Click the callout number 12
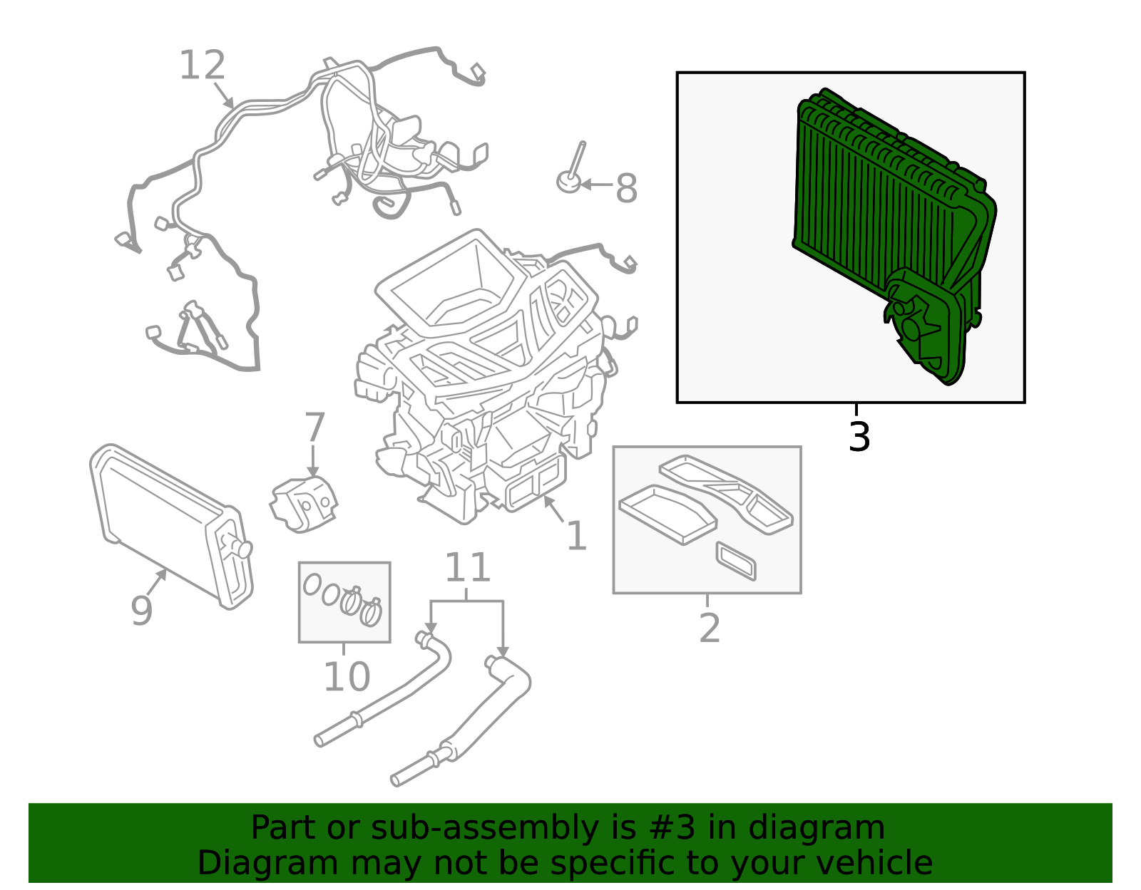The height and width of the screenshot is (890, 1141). pyautogui.click(x=203, y=66)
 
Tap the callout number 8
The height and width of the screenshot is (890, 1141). pyautogui.click(x=626, y=189)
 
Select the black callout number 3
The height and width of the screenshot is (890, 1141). pyautogui.click(x=859, y=437)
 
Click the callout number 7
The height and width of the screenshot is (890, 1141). pyautogui.click(x=314, y=428)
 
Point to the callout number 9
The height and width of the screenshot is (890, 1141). pyautogui.click(x=141, y=610)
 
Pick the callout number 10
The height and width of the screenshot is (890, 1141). pyautogui.click(x=347, y=677)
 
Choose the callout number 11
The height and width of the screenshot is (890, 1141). pyautogui.click(x=468, y=568)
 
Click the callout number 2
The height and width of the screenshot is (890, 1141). pyautogui.click(x=709, y=628)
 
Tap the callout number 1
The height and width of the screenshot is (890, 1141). pyautogui.click(x=576, y=536)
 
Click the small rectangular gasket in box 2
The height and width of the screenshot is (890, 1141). pyautogui.click(x=736, y=561)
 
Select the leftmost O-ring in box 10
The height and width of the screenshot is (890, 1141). pyautogui.click(x=312, y=585)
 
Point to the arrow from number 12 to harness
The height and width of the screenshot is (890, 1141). pyautogui.click(x=223, y=94)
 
